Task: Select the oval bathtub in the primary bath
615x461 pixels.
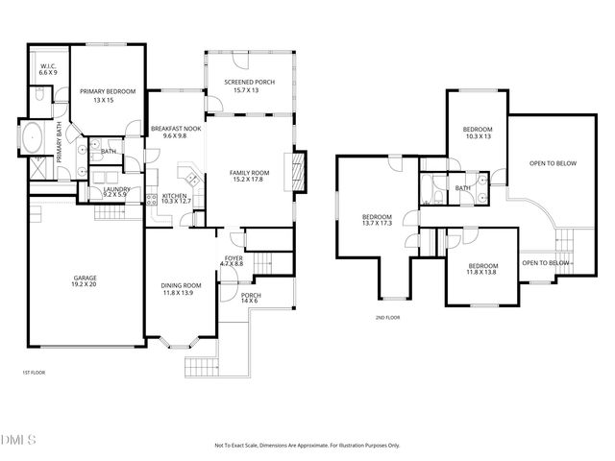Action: click(x=31, y=138)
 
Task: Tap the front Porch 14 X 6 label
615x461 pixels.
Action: click(x=251, y=299)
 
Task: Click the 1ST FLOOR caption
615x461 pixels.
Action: click(x=34, y=372)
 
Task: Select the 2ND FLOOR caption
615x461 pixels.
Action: click(x=388, y=317)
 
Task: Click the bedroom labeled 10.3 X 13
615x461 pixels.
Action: click(x=477, y=133)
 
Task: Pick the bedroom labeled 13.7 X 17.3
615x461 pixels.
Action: click(x=377, y=220)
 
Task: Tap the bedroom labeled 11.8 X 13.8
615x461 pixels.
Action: click(x=483, y=269)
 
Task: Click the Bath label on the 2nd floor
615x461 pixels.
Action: click(x=463, y=188)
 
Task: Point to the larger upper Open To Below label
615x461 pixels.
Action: click(x=553, y=163)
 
